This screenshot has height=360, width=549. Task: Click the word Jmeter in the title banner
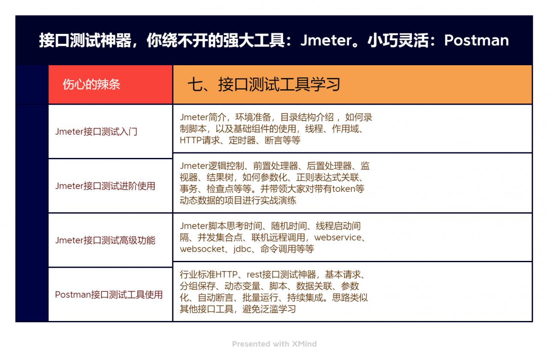(x=326, y=40)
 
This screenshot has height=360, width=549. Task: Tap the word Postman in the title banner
(x=477, y=40)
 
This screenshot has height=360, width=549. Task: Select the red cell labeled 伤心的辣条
(x=91, y=85)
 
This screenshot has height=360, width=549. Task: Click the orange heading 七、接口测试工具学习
(x=264, y=85)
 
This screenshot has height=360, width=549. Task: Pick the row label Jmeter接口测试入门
(x=96, y=132)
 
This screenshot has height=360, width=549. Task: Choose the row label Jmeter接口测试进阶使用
(x=105, y=186)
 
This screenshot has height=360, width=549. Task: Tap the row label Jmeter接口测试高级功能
(x=105, y=240)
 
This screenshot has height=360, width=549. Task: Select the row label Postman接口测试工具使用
(x=109, y=295)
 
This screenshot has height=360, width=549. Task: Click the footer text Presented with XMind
(x=274, y=344)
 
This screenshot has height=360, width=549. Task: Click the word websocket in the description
(x=202, y=249)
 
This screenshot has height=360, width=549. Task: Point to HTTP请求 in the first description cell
(x=200, y=140)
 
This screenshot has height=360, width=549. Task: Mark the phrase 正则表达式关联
(x=331, y=178)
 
